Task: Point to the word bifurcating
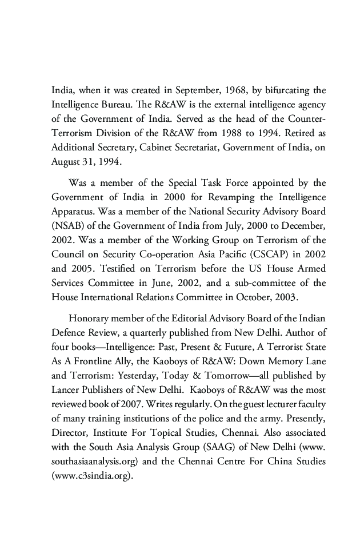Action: [291, 91]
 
